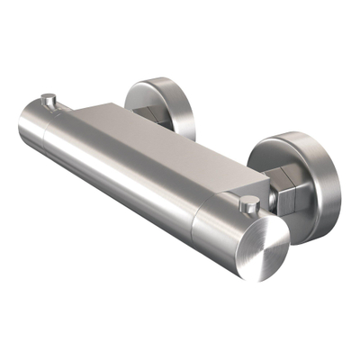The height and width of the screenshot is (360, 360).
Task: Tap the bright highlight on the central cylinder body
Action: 135,166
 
